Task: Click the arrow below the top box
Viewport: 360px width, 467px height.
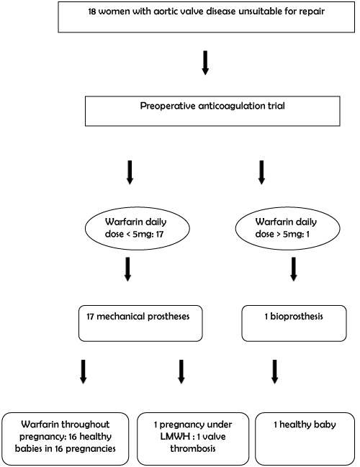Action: (x=205, y=63)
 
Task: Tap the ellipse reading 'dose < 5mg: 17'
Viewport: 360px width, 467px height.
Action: (x=138, y=228)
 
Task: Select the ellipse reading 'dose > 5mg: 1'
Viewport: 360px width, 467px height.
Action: (x=287, y=228)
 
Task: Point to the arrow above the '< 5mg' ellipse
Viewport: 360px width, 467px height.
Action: (x=130, y=173)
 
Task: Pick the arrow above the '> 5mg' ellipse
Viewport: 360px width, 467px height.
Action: (x=261, y=173)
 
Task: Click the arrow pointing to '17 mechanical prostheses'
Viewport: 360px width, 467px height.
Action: (x=127, y=269)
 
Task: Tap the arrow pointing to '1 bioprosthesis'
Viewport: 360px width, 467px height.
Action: (x=294, y=269)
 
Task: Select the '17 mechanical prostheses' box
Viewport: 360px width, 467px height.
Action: (x=140, y=323)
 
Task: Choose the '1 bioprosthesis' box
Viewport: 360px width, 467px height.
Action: (x=294, y=323)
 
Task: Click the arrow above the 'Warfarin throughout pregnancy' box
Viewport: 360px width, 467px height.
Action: (x=83, y=372)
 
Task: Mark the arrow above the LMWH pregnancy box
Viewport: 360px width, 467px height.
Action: (x=181, y=372)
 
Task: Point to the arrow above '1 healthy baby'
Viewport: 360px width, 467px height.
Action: (x=275, y=372)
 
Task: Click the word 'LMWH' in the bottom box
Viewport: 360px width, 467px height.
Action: (x=175, y=437)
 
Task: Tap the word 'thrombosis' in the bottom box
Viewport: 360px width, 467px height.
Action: (x=193, y=448)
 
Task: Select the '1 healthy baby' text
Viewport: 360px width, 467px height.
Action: (x=305, y=425)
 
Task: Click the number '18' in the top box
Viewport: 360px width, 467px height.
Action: (x=92, y=12)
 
